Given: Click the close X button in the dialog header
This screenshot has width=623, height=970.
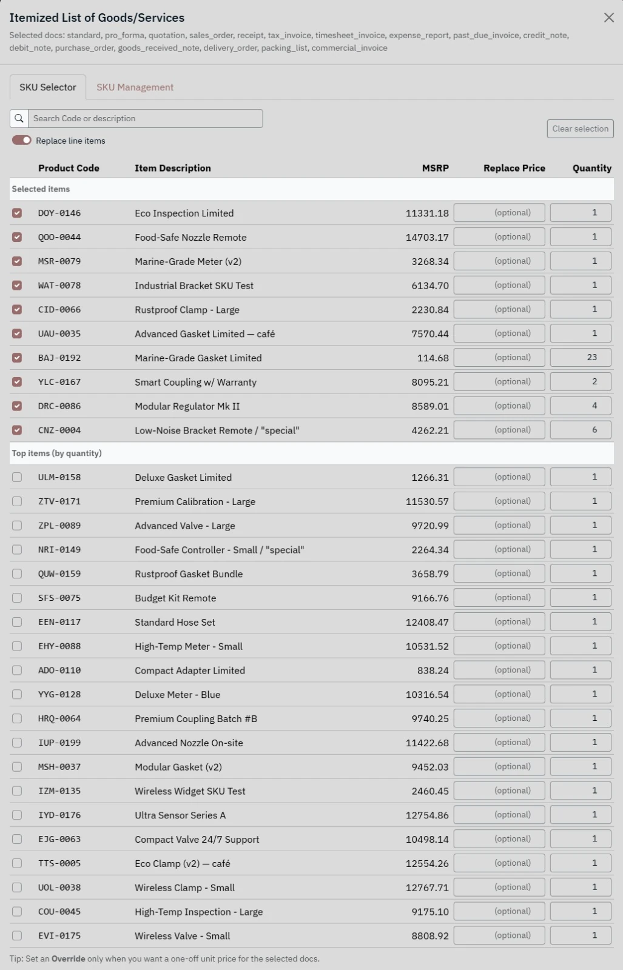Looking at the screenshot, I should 608,18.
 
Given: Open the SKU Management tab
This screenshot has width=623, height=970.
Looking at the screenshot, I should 135,87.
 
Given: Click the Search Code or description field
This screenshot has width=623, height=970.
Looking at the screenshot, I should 146,119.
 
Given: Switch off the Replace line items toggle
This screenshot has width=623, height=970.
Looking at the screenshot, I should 22,141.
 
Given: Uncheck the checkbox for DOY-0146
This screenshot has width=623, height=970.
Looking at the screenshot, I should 17,213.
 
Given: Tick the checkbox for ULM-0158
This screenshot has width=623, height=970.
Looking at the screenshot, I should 17,478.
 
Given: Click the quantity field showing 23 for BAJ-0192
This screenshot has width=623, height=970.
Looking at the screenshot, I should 580,358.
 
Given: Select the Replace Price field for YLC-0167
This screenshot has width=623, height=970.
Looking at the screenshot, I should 499,382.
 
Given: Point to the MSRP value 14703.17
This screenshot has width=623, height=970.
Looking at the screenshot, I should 427,238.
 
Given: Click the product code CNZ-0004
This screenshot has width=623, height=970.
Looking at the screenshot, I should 59,430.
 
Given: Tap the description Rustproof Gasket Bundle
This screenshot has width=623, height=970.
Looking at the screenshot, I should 189,574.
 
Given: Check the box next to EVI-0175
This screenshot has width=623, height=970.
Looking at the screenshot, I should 17,936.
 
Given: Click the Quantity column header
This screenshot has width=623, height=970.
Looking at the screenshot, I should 591,169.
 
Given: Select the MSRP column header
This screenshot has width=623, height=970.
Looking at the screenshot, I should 435,169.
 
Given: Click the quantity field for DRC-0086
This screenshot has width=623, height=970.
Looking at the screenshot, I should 580,406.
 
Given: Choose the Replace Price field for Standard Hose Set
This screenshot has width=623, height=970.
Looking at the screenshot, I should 499,622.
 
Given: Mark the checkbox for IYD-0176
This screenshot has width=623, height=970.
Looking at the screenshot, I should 17,815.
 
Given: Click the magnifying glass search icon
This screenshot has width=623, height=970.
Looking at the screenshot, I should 19,119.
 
